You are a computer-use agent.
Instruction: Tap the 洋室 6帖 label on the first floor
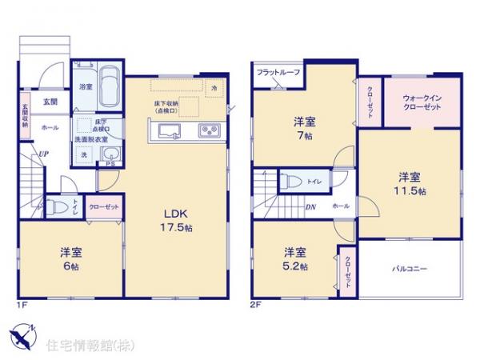click(x=70, y=258)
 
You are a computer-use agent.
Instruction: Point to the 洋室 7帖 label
click(x=303, y=130)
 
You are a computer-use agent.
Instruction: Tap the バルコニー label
click(x=410, y=269)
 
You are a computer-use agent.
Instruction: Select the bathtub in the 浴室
click(x=111, y=86)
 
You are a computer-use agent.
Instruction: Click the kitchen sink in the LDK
click(x=170, y=130)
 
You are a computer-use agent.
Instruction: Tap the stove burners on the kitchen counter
click(x=210, y=130)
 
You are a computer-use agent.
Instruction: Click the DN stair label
click(x=310, y=206)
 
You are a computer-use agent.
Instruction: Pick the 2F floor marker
click(x=256, y=305)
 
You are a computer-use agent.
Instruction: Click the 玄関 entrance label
click(x=50, y=102)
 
